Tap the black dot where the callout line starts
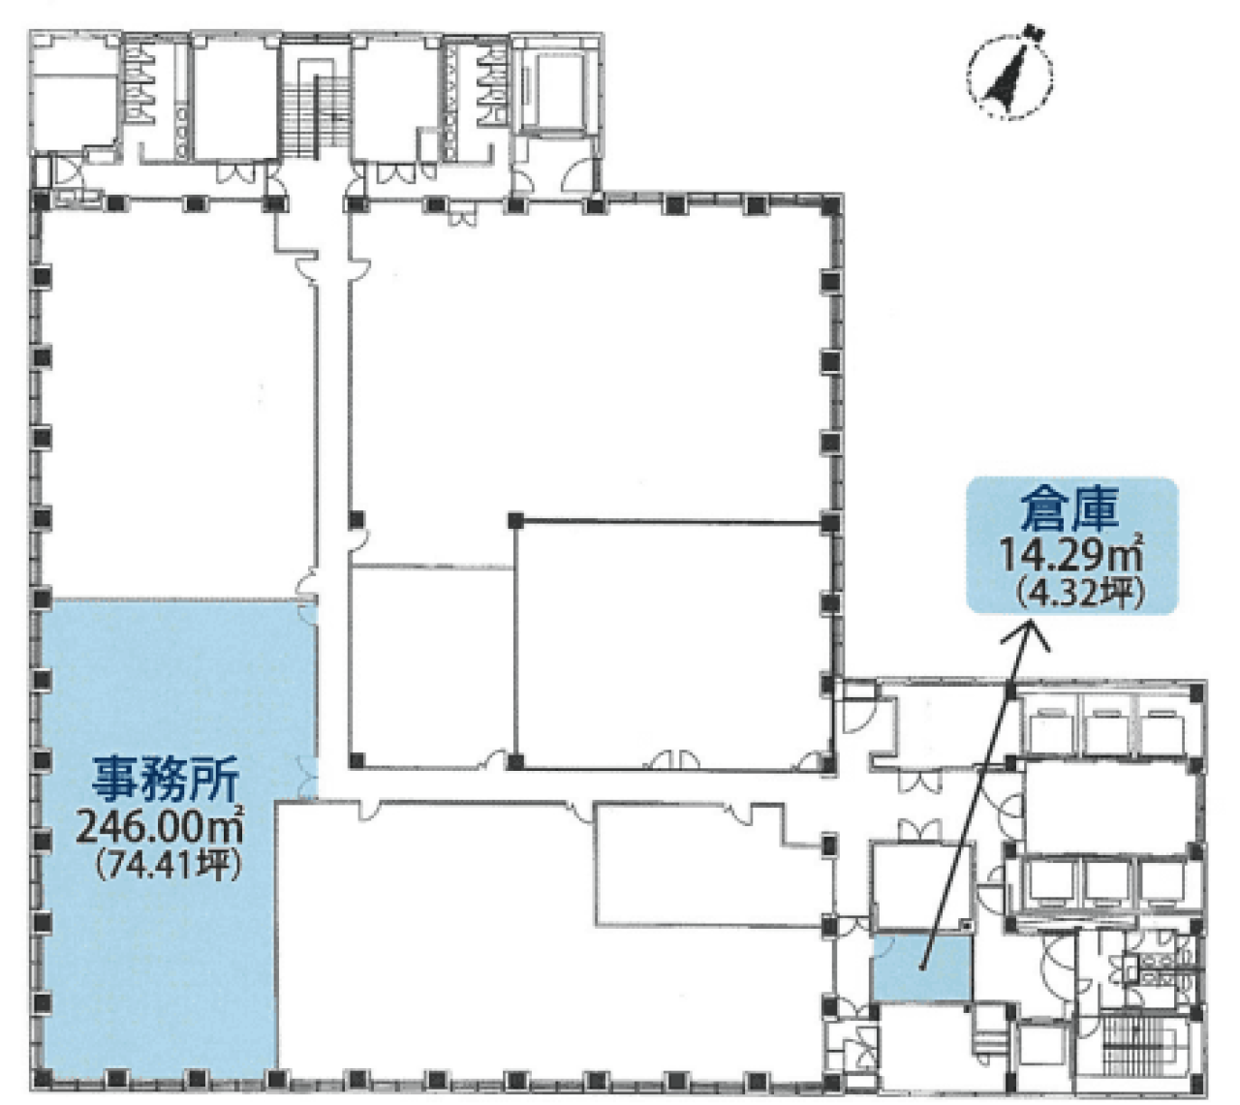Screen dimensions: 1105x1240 (x=922, y=966)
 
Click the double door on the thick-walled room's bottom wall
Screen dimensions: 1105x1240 (x=672, y=760)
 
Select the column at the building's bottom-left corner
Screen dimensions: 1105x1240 (x=40, y=1077)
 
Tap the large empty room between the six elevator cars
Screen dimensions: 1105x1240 (x=1104, y=809)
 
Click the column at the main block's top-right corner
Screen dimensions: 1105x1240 (x=830, y=205)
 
